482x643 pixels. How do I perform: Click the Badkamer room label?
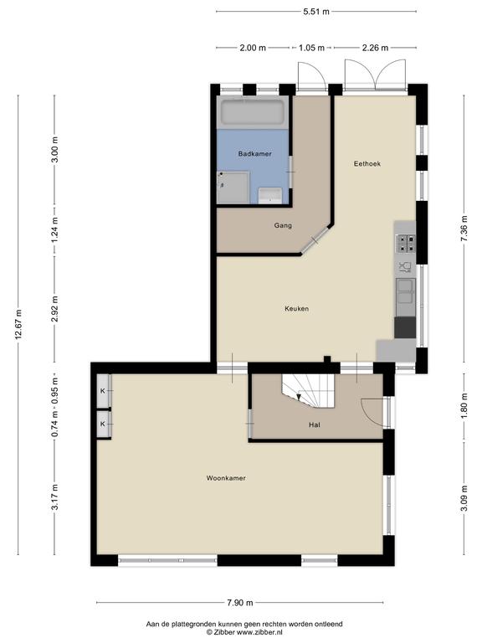254,154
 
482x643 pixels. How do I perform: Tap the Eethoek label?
367,164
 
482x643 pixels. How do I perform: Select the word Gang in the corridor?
282,225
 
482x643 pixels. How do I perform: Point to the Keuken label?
296,309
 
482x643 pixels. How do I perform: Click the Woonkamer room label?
226,478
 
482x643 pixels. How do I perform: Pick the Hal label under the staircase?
314,425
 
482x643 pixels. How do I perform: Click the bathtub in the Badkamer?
253,113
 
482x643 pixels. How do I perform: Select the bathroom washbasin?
269,196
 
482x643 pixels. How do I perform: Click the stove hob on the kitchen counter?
406,242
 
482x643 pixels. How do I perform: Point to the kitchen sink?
406,291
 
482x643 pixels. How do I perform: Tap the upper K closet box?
104,391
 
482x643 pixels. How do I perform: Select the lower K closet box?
104,424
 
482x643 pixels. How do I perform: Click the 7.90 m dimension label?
240,602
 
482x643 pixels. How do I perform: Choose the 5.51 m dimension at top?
315,11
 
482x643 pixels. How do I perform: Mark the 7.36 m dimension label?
464,231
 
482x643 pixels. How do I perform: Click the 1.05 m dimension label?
311,48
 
